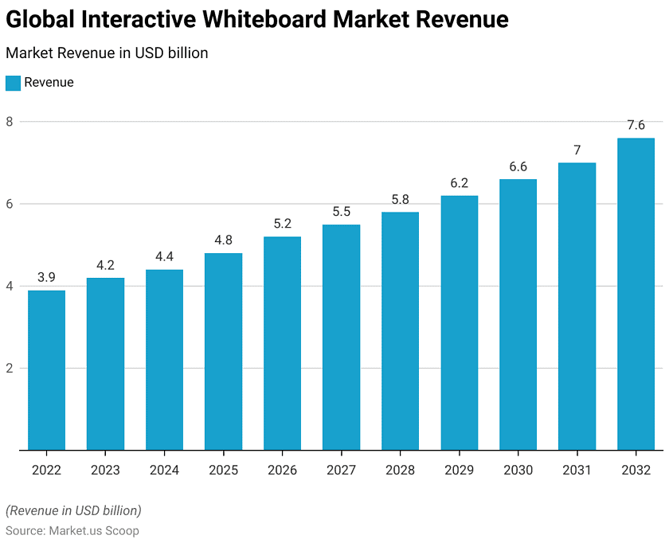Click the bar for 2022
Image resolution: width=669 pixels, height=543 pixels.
tap(46, 370)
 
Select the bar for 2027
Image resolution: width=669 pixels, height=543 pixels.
tap(341, 338)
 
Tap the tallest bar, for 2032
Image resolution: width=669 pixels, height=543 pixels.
tap(636, 295)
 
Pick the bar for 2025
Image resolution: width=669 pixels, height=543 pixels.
tap(223, 352)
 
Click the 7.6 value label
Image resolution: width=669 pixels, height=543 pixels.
tap(636, 125)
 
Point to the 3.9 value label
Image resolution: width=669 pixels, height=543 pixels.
tap(46, 277)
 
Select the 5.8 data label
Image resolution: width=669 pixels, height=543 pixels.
tap(400, 199)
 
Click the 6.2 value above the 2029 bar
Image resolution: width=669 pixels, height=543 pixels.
tap(459, 182)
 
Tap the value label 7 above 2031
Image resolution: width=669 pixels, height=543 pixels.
tap(577, 150)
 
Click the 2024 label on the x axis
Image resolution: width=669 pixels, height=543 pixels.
tap(164, 470)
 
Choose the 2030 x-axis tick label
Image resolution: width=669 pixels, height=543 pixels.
tap(518, 470)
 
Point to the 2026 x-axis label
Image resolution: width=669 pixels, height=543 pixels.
tap(282, 470)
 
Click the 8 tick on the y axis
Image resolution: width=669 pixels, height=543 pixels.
tap(10, 122)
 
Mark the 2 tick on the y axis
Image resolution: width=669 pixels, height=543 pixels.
tap(10, 368)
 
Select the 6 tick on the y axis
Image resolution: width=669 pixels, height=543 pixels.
tap(10, 204)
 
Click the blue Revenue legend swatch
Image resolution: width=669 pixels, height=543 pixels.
tap(13, 83)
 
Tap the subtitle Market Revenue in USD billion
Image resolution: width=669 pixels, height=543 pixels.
tap(107, 53)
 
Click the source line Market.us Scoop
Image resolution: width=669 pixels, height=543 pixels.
tap(72, 530)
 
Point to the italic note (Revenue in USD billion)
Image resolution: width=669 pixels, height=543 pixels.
tap(73, 510)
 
